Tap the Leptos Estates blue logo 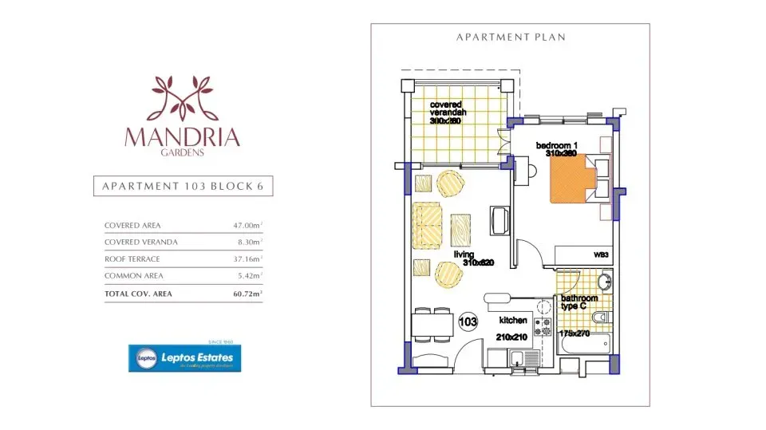pyautogui.click(x=186, y=358)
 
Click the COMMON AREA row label pyautogui.click(x=134, y=276)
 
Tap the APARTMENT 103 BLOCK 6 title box pyautogui.click(x=182, y=187)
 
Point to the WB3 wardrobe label pyautogui.click(x=601, y=255)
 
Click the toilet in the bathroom pyautogui.click(x=602, y=318)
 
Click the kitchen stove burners pyautogui.click(x=543, y=326)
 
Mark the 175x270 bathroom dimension pyautogui.click(x=574, y=333)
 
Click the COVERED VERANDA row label pyautogui.click(x=141, y=243)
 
